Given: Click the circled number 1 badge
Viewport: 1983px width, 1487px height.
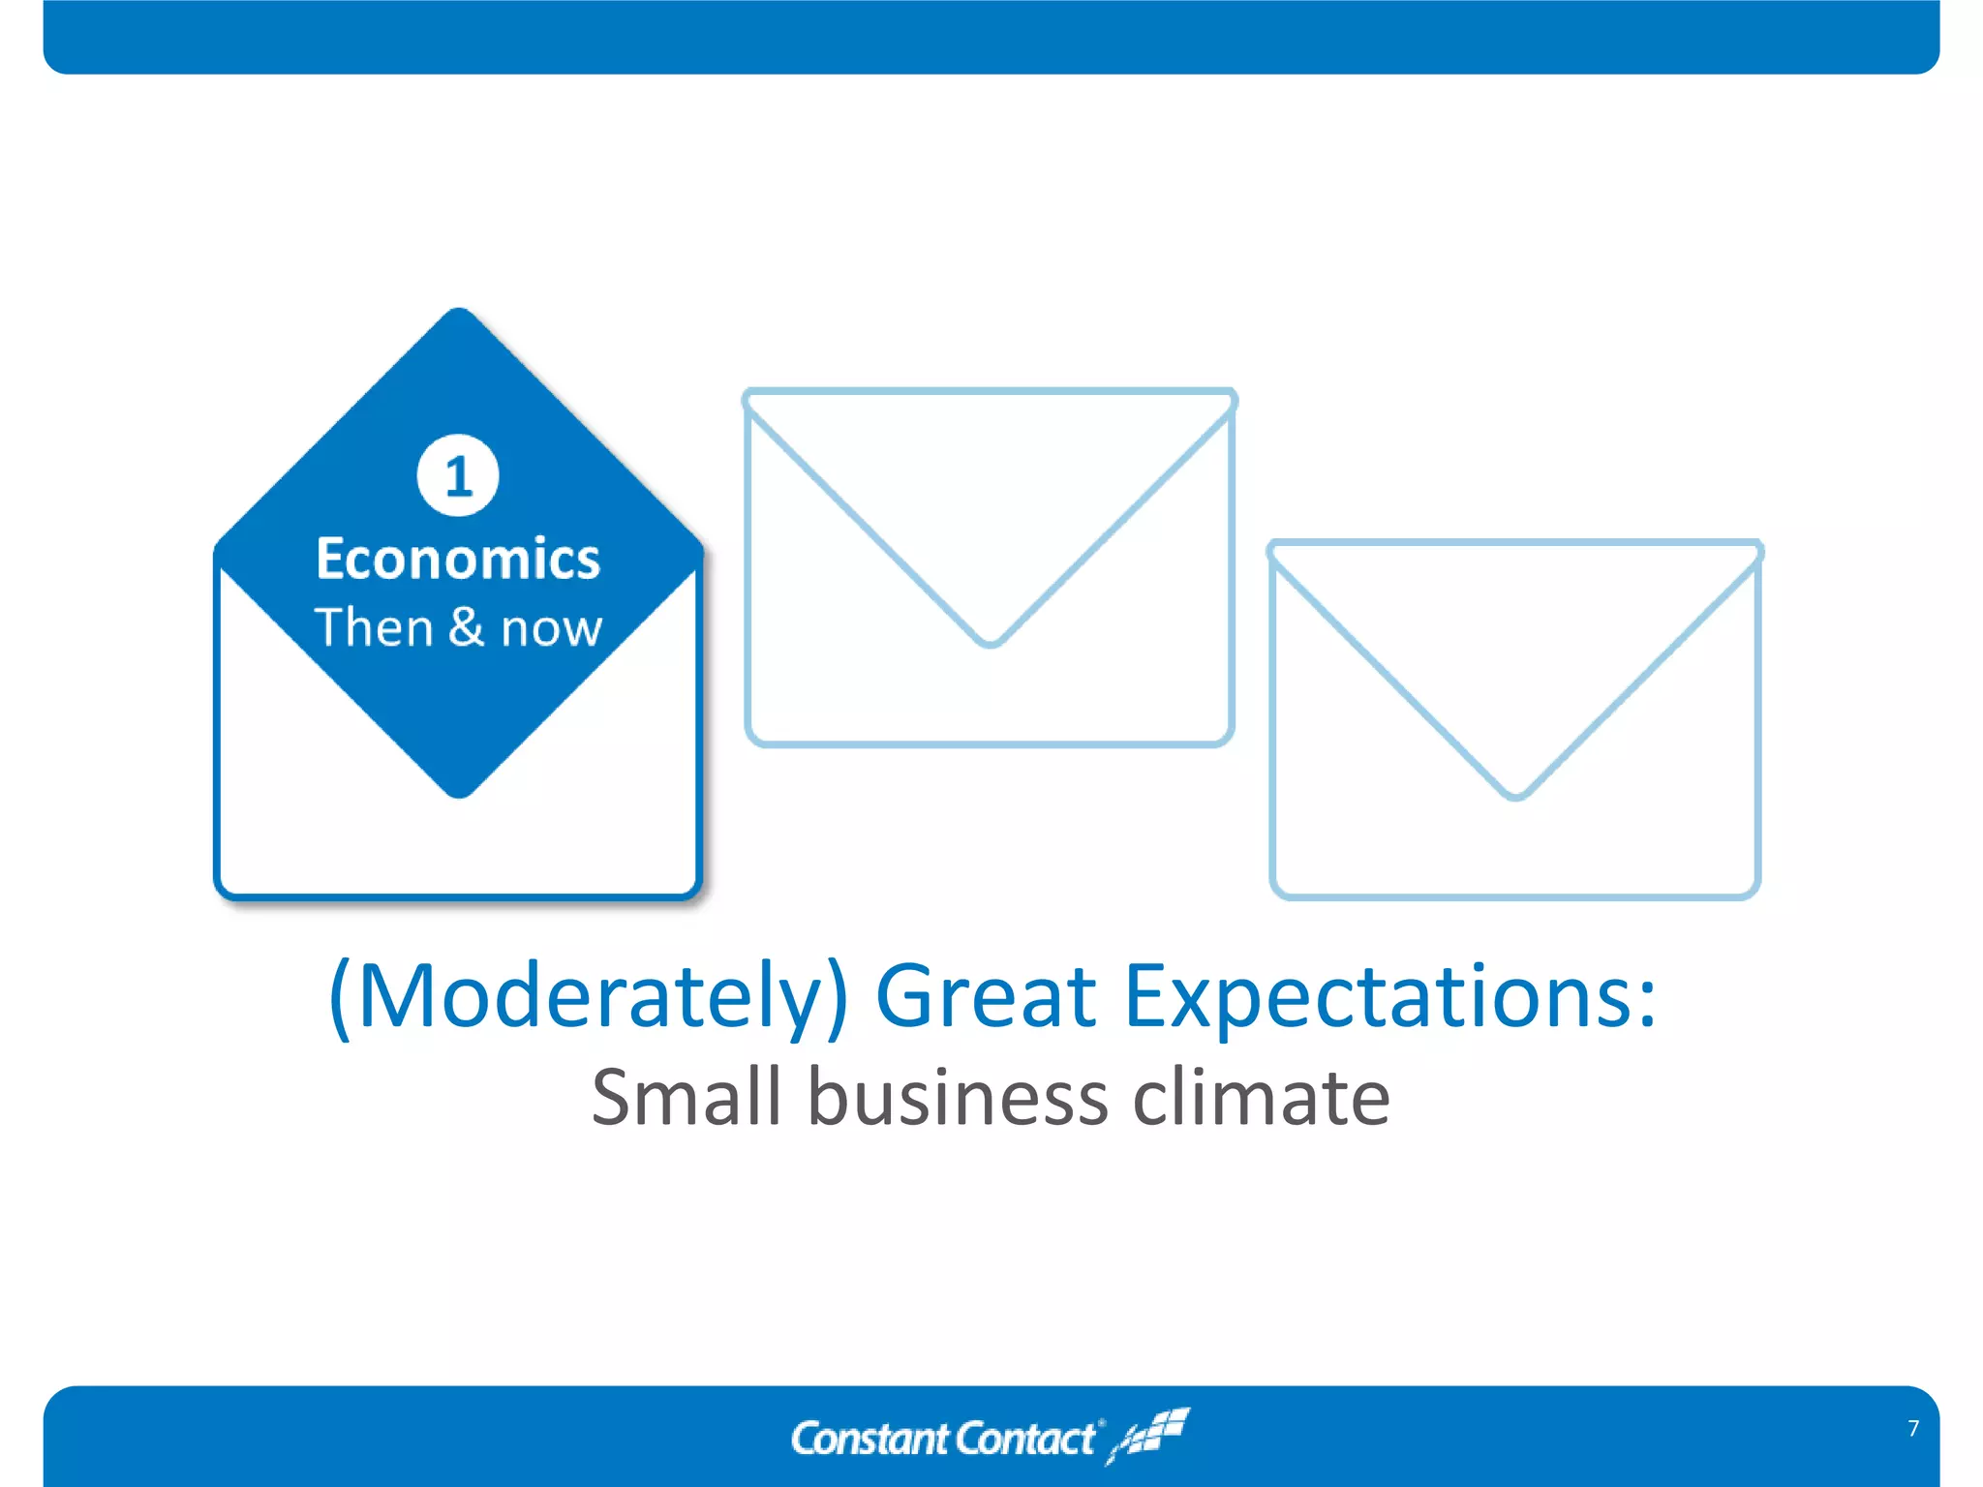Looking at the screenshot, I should (x=458, y=475).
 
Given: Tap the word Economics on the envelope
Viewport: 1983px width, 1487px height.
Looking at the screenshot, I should (x=458, y=560).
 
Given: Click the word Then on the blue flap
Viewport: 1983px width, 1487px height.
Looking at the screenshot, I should (x=373, y=627).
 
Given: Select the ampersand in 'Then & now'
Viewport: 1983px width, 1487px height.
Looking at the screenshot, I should (x=466, y=626).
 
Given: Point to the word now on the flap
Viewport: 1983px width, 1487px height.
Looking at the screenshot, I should (x=552, y=629).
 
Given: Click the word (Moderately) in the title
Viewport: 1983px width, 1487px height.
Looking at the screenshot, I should (x=589, y=997).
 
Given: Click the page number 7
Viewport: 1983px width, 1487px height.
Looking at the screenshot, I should (x=1913, y=1428).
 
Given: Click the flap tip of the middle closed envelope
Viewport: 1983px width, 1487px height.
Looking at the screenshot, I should (x=990, y=642).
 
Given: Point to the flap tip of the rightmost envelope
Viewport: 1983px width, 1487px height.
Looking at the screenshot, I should (x=1515, y=795).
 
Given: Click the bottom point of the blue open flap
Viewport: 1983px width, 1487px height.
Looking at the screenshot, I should (x=459, y=794).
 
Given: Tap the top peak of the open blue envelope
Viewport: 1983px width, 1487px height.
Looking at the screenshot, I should (x=459, y=312).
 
